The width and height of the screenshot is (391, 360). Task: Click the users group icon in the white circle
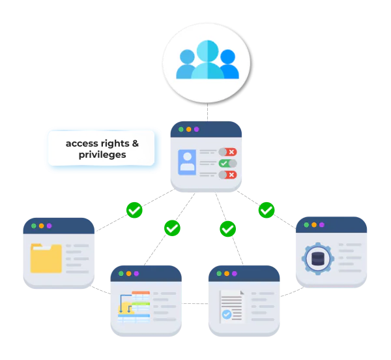click(x=207, y=60)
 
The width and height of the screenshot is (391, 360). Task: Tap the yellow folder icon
click(x=46, y=258)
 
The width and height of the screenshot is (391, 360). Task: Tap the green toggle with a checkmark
click(x=227, y=163)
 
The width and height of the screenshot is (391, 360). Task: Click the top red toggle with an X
click(x=227, y=152)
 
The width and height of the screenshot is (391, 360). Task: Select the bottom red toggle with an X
click(x=227, y=174)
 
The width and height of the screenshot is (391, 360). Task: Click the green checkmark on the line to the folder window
click(x=134, y=210)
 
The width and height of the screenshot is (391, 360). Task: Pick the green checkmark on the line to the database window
click(x=267, y=210)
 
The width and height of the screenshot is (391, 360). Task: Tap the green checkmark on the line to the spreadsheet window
click(x=172, y=228)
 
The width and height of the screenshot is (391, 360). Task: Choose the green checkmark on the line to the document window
click(x=227, y=229)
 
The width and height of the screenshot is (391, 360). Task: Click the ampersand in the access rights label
click(x=135, y=142)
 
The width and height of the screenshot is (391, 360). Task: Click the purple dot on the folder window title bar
click(x=49, y=226)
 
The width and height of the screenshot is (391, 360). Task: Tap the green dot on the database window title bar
click(x=304, y=225)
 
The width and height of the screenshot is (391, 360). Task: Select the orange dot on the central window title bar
click(x=189, y=129)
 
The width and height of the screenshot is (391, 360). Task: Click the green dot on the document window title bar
click(x=219, y=273)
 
